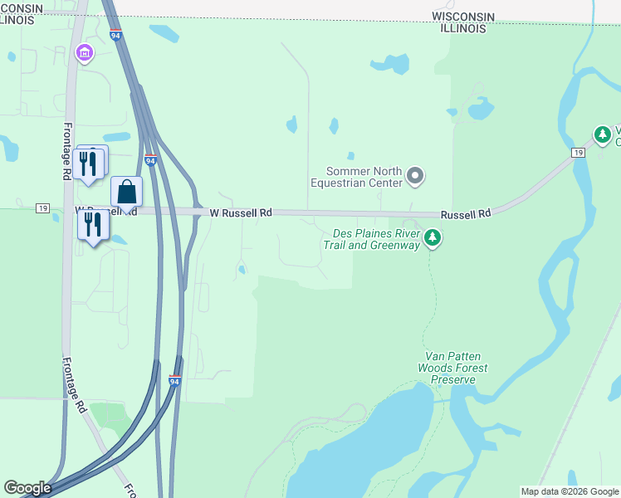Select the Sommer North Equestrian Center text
pyautogui.click(x=357, y=177)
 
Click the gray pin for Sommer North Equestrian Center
pyautogui.click(x=416, y=176)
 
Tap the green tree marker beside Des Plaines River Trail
pyautogui.click(x=432, y=239)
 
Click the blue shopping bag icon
pyautogui.click(x=126, y=192)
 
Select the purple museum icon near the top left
pyautogui.click(x=84, y=53)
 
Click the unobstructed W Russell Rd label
pyautogui.click(x=241, y=213)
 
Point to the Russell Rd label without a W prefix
pyautogui.click(x=466, y=213)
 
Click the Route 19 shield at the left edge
pyautogui.click(x=42, y=207)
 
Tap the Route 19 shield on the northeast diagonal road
pyautogui.click(x=577, y=153)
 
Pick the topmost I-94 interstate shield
pyautogui.click(x=115, y=36)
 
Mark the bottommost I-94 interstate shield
pyautogui.click(x=174, y=380)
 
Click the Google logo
pyautogui.click(x=27, y=488)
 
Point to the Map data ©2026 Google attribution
pyautogui.click(x=570, y=491)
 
